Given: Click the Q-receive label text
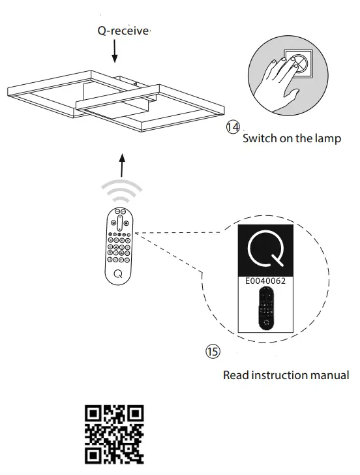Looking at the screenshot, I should (x=124, y=31).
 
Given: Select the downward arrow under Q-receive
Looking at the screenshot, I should (x=115, y=52).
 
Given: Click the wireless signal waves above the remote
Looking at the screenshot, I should (x=121, y=191).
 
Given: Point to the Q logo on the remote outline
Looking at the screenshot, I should (x=117, y=273).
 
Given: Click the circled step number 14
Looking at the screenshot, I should (x=232, y=127).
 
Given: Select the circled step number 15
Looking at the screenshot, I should (x=213, y=351).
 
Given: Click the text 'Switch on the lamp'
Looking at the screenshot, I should (x=292, y=138).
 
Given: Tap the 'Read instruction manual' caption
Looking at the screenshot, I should (x=286, y=375).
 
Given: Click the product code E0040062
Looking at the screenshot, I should (x=265, y=281).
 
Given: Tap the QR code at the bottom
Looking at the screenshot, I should (x=114, y=434).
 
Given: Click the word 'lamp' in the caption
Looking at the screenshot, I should (x=327, y=138).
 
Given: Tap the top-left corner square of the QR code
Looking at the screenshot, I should (x=94, y=414).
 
